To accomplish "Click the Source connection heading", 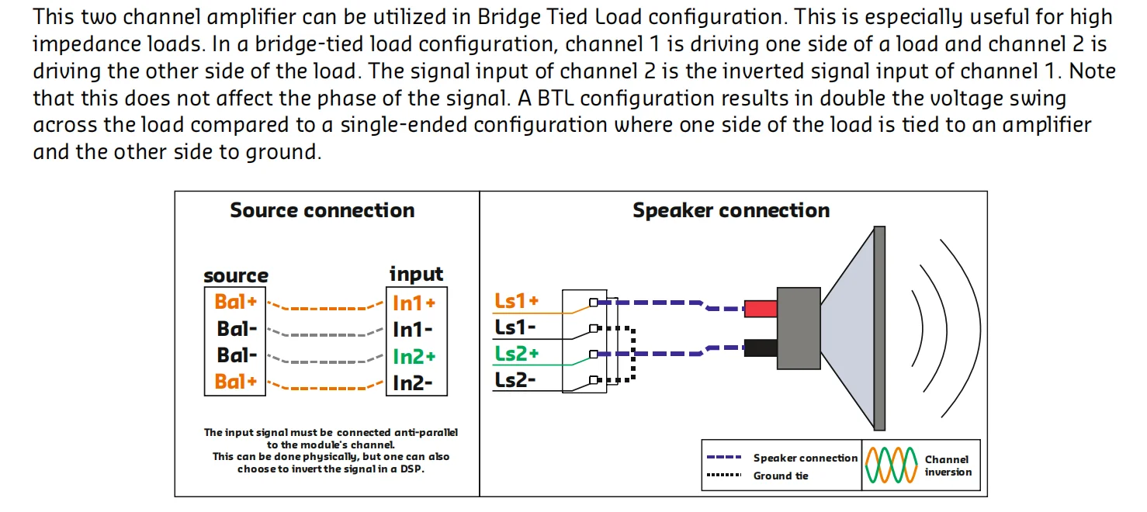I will click(x=322, y=210).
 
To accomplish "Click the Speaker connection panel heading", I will click(x=730, y=210).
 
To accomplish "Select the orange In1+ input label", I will click(x=414, y=303).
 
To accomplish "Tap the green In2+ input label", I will click(x=414, y=356).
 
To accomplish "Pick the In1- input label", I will click(x=412, y=330).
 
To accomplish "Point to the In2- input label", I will click(x=412, y=382).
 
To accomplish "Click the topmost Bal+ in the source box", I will click(x=235, y=302).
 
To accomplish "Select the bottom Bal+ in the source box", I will click(x=235, y=382).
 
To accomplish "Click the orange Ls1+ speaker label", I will click(x=516, y=301).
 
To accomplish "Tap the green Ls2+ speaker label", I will click(x=516, y=354).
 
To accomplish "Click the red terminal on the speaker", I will click(x=761, y=309).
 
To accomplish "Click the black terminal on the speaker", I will click(x=761, y=347).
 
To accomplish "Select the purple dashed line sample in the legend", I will click(x=726, y=458).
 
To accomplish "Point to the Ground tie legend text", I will click(x=781, y=476).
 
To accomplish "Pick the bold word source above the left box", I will click(x=235, y=275).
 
